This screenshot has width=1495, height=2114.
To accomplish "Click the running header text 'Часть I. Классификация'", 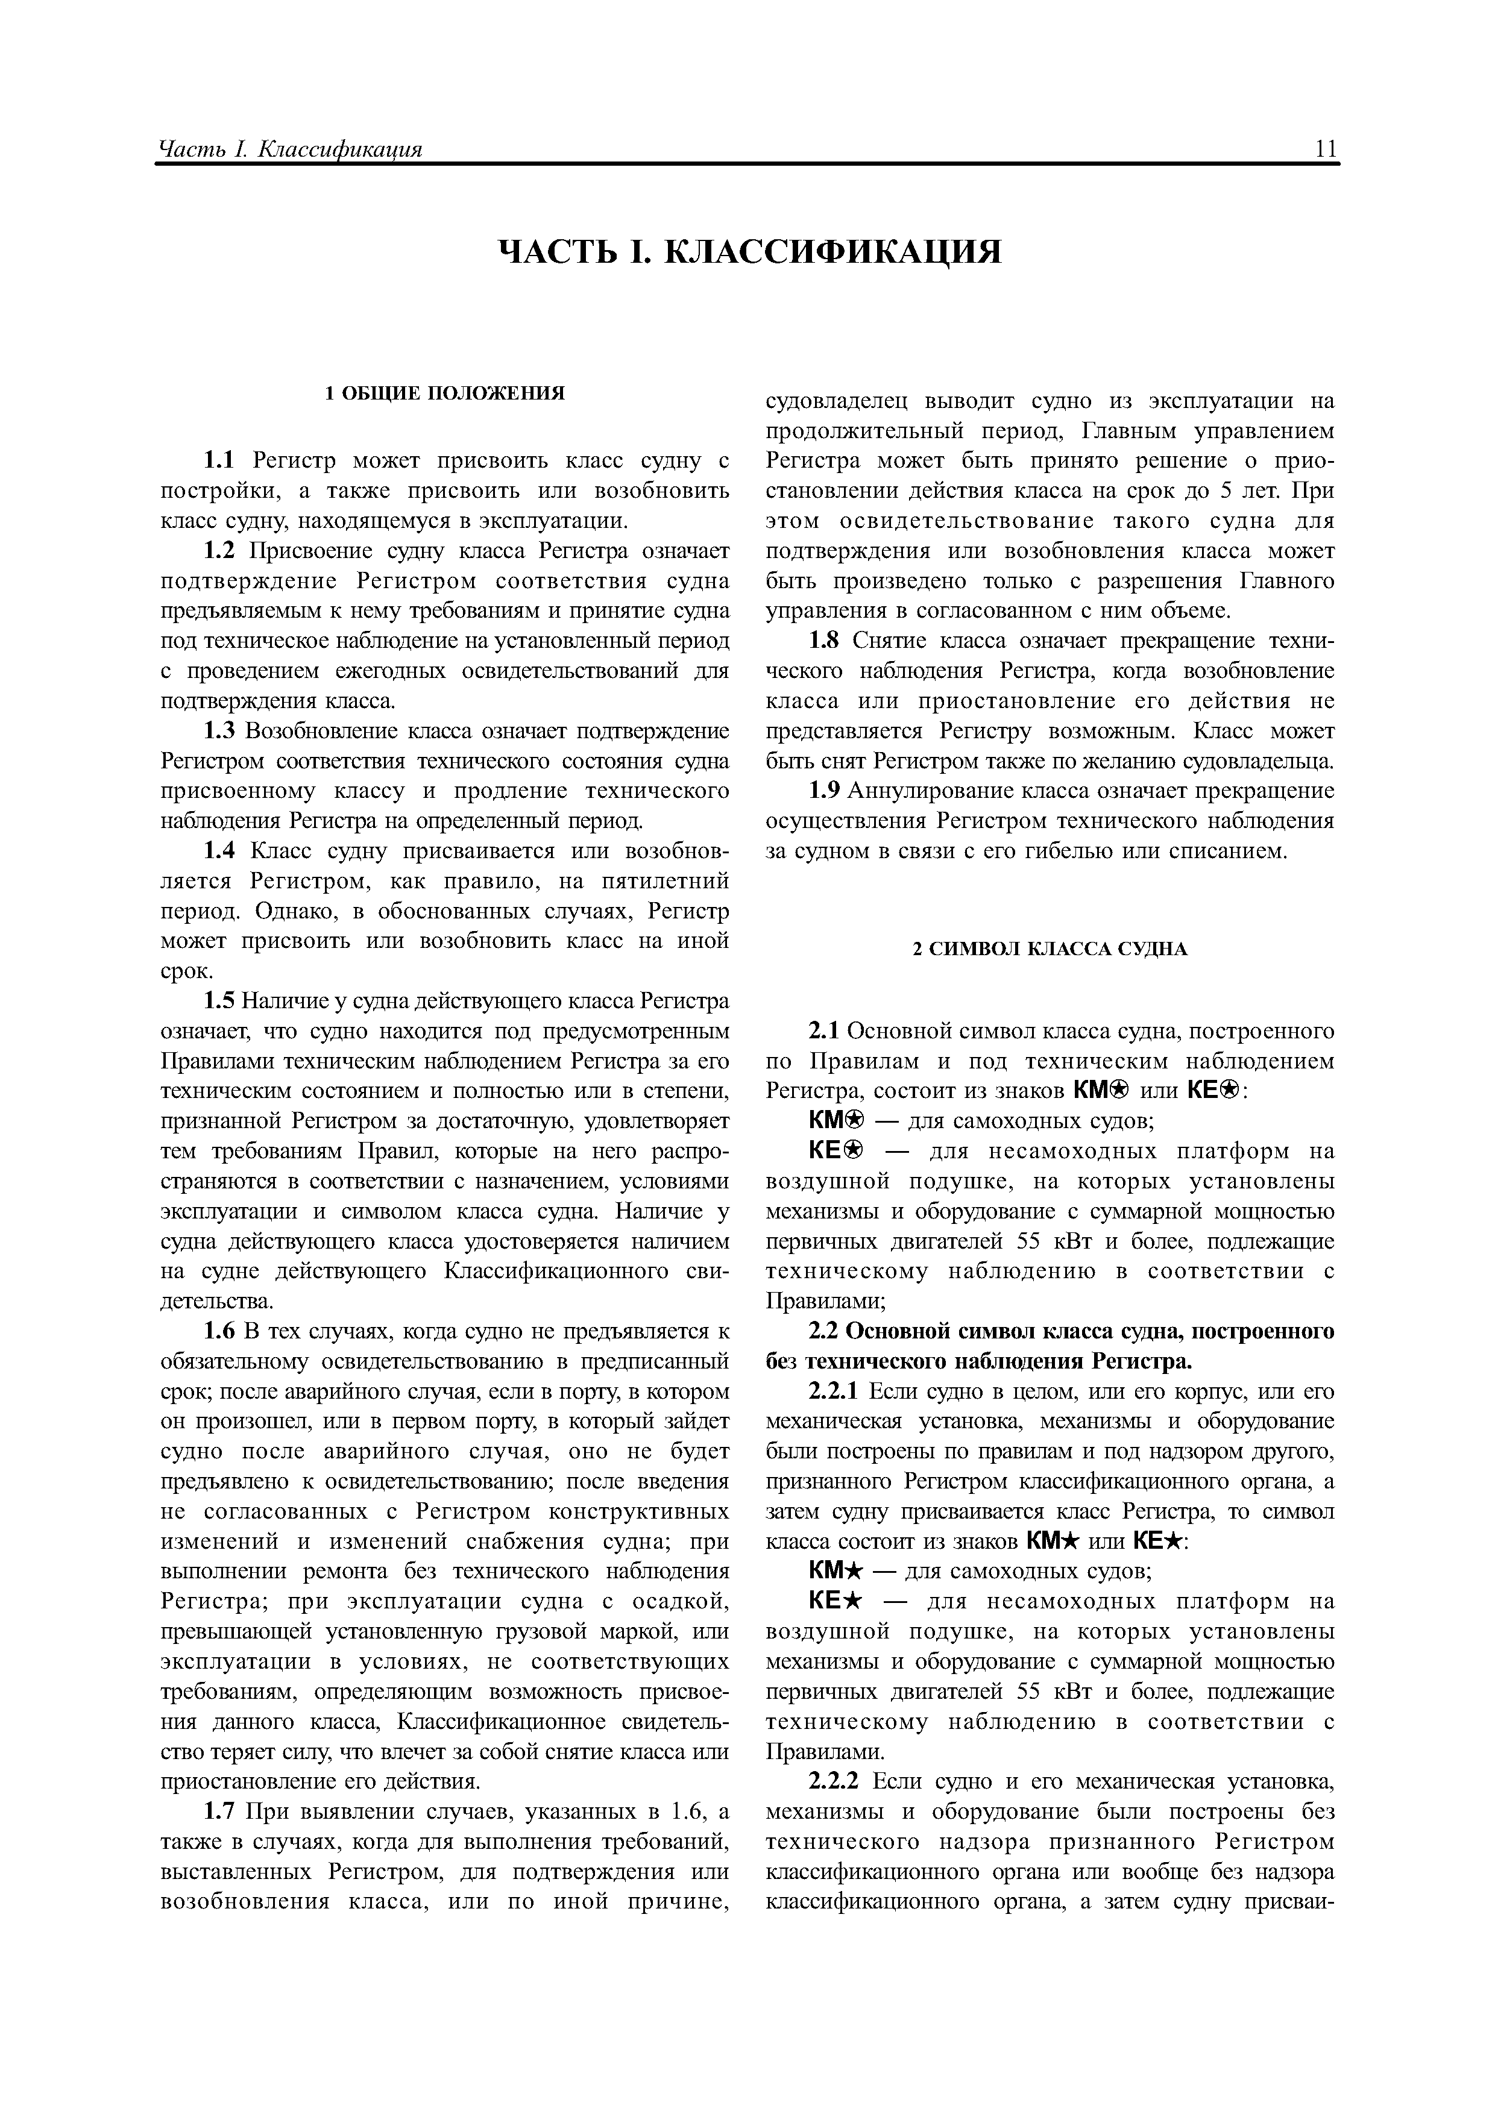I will (290, 149).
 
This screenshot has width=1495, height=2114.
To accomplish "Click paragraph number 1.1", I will (218, 461).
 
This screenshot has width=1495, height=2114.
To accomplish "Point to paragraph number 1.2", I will (218, 551).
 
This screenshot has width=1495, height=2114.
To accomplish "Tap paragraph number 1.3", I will (218, 732).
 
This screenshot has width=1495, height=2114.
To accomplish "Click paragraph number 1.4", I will (218, 852).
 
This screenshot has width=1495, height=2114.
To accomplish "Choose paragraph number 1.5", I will (218, 1002).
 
